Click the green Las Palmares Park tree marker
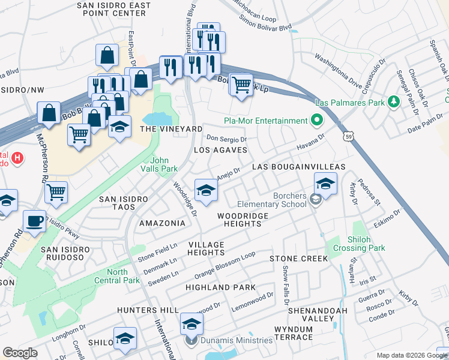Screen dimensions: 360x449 (394, 103)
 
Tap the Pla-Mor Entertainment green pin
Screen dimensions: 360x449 (317, 121)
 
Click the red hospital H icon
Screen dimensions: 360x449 (18, 159)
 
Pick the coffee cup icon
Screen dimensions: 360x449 (34, 221)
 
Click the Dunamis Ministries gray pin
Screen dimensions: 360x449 (191, 341)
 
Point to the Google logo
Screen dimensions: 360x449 (20, 353)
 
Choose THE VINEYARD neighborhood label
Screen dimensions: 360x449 (171, 129)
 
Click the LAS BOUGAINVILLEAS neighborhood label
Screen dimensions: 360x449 (298, 166)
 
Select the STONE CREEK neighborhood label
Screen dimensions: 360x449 (298, 258)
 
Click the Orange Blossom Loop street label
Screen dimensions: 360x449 (225, 265)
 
